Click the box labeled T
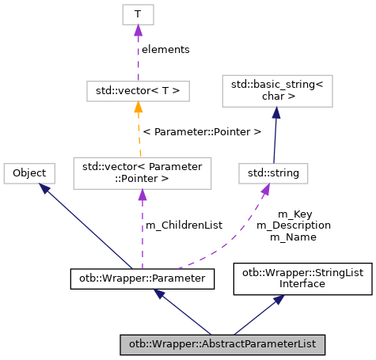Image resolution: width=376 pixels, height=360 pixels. (x=137, y=13)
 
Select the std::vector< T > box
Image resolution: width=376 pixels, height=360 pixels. (x=137, y=92)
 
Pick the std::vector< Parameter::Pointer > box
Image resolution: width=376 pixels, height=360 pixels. (x=142, y=172)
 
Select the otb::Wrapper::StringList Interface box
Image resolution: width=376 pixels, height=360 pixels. (x=302, y=278)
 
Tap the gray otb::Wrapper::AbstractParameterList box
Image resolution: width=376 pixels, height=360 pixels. (x=222, y=345)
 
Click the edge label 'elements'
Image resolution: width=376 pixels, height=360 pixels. (x=165, y=49)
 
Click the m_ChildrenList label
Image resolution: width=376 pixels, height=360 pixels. (x=184, y=225)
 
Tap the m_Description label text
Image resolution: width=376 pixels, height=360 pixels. (x=294, y=225)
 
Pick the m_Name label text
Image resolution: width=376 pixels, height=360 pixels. (x=294, y=236)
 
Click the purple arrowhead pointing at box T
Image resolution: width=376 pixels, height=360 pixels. (x=137, y=30)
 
